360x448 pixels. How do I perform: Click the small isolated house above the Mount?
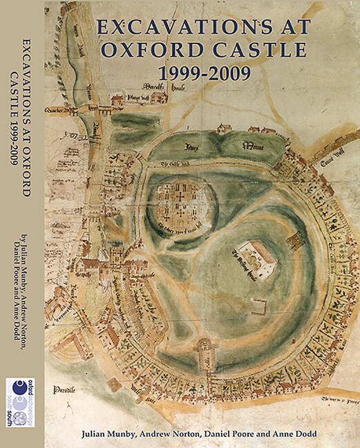coord(224,128)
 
